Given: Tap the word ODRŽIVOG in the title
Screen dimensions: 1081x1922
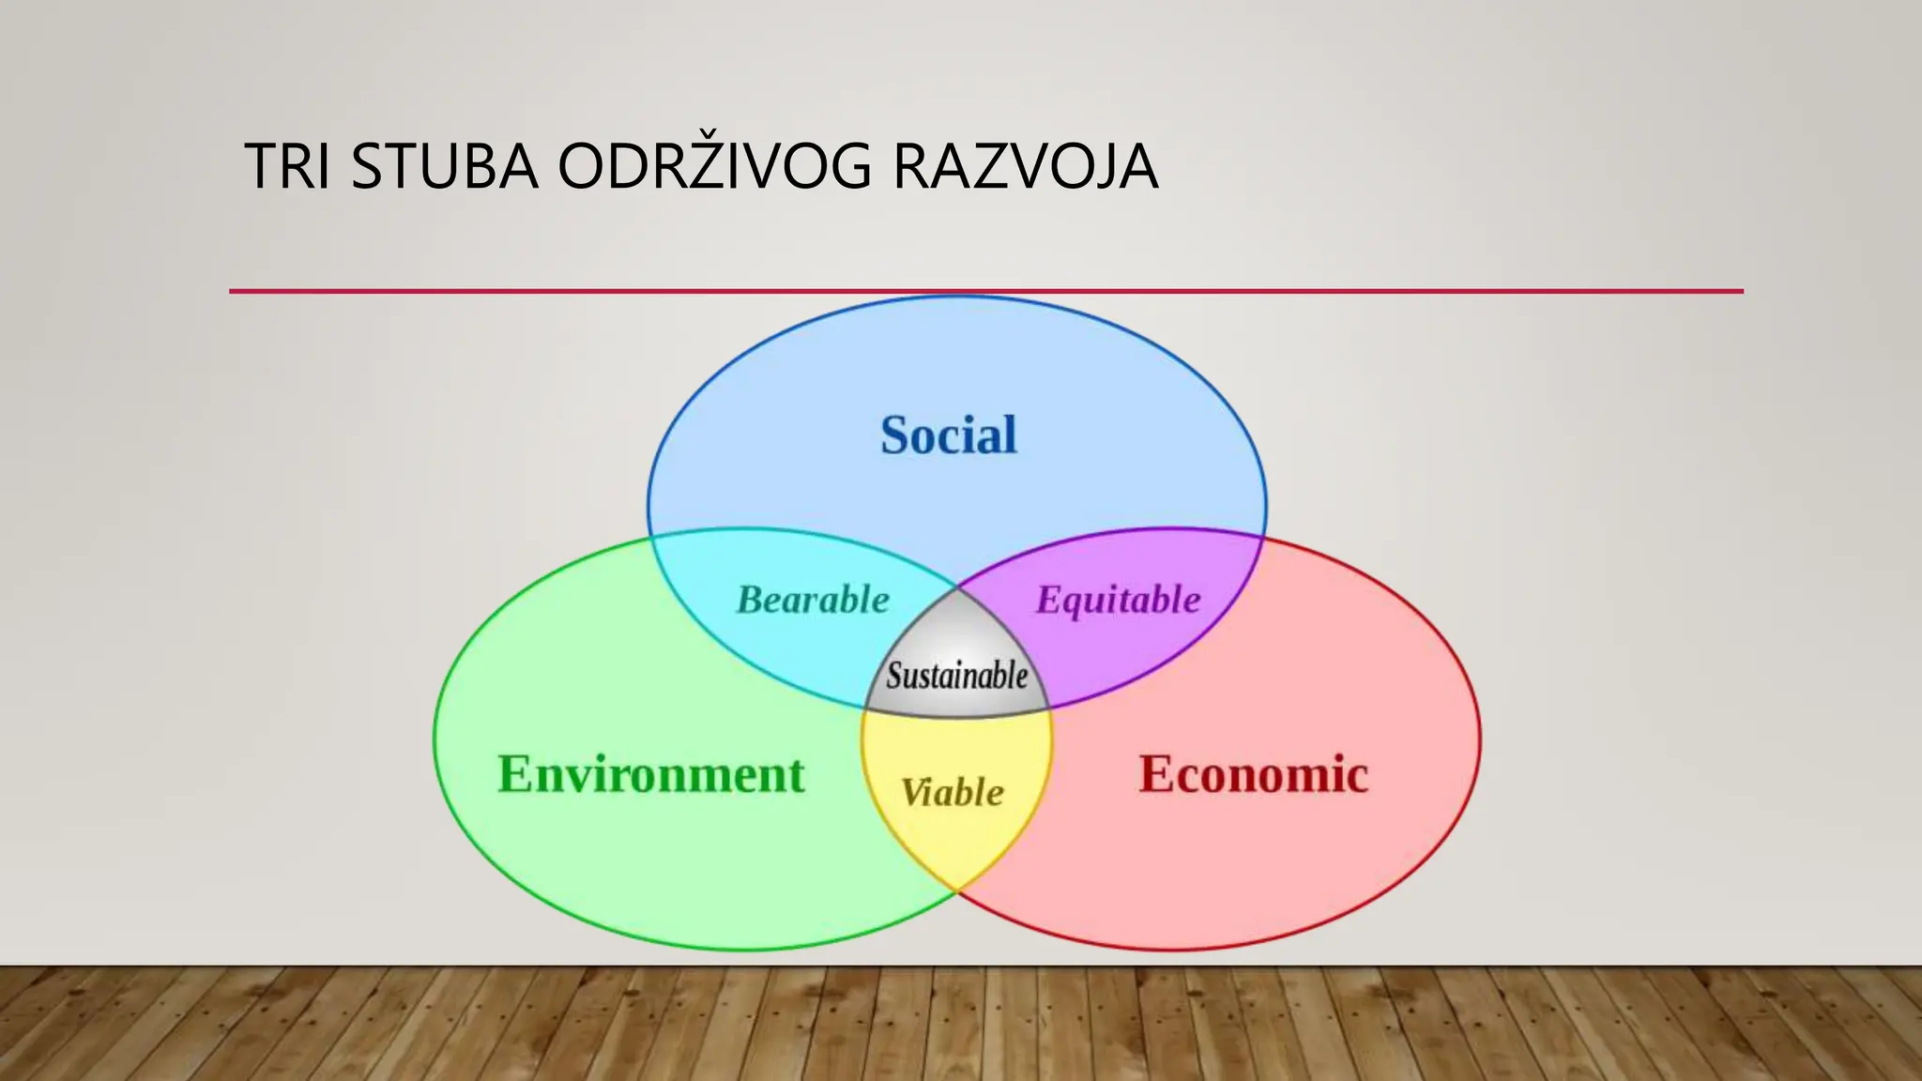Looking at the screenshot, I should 714,167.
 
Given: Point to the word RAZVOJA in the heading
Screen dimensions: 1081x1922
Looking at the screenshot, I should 1025,167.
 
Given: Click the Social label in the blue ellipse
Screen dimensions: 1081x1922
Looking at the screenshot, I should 948,435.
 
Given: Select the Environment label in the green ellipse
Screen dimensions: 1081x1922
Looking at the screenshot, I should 650,775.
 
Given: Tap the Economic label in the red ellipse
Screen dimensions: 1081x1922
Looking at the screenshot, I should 1253,775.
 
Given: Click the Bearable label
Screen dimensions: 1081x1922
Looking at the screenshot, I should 813,601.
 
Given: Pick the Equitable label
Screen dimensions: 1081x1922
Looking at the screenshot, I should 1118,601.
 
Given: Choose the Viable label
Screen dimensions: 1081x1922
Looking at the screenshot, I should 953,793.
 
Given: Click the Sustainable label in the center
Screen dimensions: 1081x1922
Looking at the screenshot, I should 957,676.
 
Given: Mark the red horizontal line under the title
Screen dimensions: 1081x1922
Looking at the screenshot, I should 985,291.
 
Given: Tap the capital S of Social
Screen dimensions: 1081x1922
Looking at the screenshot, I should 896,435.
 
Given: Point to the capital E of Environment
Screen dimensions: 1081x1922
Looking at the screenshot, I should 514,775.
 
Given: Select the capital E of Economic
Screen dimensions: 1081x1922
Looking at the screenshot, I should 1155,775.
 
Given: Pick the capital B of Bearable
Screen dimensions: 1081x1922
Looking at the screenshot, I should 751,601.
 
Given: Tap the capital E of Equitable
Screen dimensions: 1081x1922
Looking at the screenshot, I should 1048,601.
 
